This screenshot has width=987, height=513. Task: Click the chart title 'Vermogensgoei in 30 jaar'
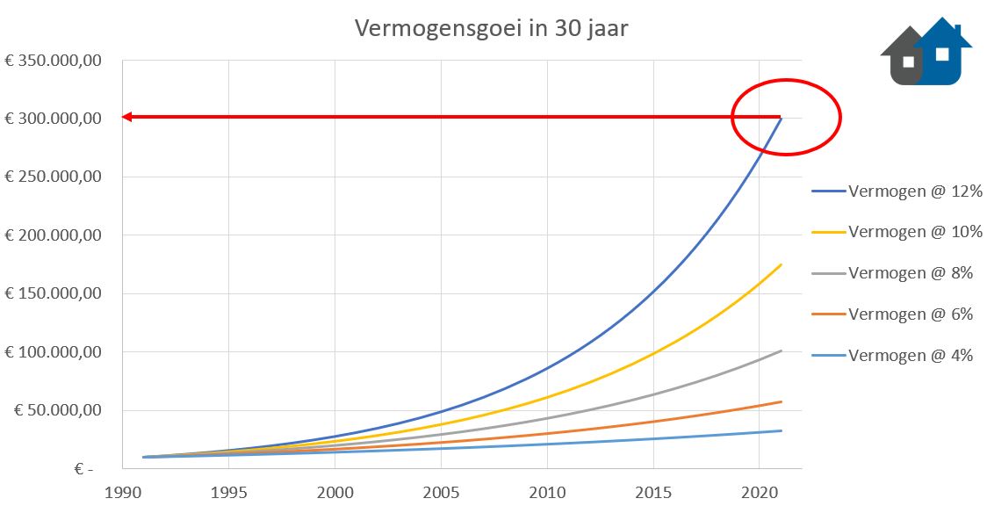(491, 28)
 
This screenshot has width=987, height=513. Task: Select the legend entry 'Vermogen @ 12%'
(911, 191)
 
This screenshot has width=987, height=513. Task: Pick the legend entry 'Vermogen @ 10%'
(911, 232)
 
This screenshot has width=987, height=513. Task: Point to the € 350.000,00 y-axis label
(54, 60)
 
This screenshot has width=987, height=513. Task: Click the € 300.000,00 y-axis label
(54, 119)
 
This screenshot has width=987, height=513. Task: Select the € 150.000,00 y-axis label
(54, 293)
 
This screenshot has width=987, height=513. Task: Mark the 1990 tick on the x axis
(122, 493)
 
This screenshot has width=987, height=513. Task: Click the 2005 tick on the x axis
(441, 493)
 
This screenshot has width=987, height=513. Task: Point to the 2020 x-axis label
(760, 493)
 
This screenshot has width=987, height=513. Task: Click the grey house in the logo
(903, 58)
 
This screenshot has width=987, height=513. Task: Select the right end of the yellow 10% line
(781, 264)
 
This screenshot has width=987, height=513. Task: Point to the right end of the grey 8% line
(781, 351)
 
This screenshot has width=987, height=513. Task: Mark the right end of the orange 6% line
(781, 401)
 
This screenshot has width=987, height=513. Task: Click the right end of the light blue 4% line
(781, 430)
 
